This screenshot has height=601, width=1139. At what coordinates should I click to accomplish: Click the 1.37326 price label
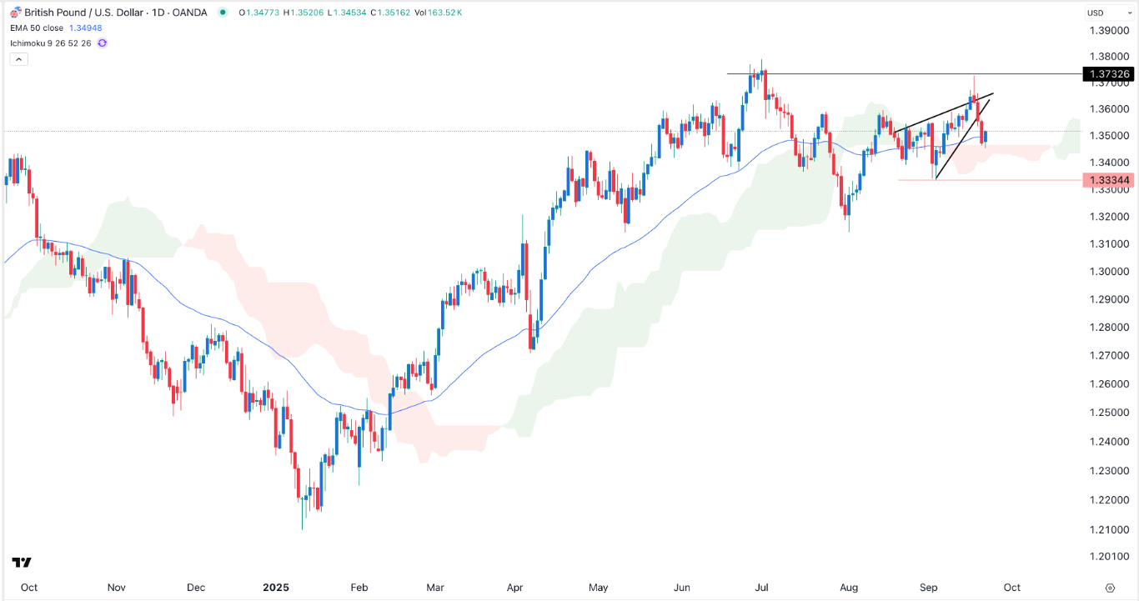pyautogui.click(x=1108, y=74)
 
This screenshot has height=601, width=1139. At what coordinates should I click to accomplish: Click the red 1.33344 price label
pyautogui.click(x=1108, y=180)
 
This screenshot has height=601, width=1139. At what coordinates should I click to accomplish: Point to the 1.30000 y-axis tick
pyautogui.click(x=1108, y=272)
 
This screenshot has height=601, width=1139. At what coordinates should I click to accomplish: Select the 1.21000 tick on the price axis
pyautogui.click(x=1108, y=529)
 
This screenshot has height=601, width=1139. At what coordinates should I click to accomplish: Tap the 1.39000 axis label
pyautogui.click(x=1108, y=31)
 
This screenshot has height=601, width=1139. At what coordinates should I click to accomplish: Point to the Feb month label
pyautogui.click(x=359, y=588)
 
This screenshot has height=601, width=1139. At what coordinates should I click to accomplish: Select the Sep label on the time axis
pyautogui.click(x=929, y=588)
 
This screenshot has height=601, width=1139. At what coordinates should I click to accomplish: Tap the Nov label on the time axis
pyautogui.click(x=117, y=588)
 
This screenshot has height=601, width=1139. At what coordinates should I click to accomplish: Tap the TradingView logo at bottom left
pyautogui.click(x=22, y=563)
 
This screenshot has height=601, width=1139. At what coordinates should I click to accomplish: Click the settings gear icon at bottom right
pyautogui.click(x=1110, y=588)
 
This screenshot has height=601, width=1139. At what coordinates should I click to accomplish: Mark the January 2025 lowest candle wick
pyautogui.click(x=302, y=528)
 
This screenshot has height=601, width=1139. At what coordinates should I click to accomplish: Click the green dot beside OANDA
pyautogui.click(x=222, y=13)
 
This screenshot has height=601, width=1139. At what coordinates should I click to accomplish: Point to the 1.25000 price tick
pyautogui.click(x=1108, y=413)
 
